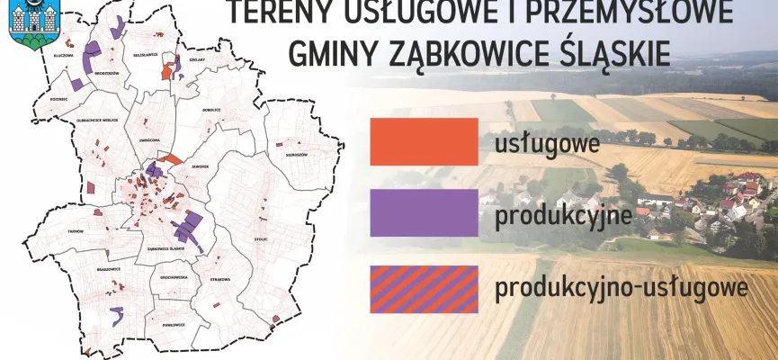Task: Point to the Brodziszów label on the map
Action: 106,74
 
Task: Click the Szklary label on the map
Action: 198,59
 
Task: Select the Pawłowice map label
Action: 174,324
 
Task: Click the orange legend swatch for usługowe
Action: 423,141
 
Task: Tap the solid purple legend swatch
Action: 423,212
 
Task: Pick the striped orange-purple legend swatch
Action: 423,289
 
